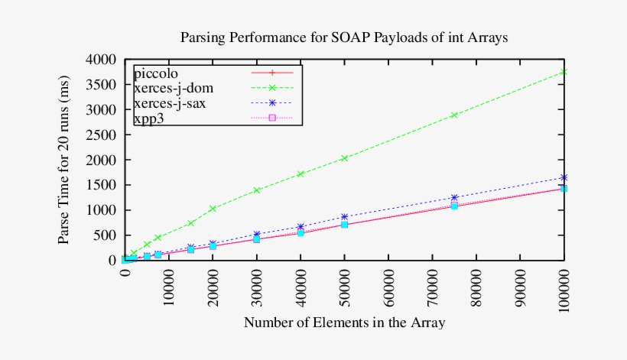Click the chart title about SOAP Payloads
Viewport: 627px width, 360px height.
tap(343, 37)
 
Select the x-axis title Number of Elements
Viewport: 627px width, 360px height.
tap(344, 323)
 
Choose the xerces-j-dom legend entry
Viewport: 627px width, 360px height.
tap(172, 89)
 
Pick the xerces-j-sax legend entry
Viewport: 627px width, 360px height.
tap(169, 103)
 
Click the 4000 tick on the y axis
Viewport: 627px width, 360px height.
tap(101, 60)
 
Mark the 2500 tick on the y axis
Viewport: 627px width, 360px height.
tap(101, 135)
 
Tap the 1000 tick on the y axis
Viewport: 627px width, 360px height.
tap(101, 210)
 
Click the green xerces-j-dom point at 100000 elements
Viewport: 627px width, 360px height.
tap(564, 72)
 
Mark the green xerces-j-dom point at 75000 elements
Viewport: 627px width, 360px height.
tap(454, 115)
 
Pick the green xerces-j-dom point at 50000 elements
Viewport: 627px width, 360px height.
tap(345, 158)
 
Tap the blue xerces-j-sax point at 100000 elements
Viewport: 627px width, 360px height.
tap(564, 177)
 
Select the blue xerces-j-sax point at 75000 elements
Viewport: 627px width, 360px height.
tap(454, 198)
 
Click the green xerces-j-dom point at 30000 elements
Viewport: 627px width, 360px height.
tap(257, 190)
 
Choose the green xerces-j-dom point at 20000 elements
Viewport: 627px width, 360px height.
tap(213, 208)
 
